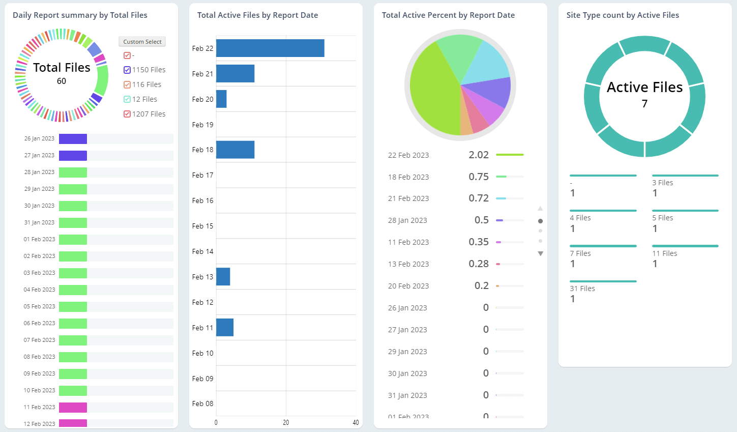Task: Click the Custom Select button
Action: (142, 42)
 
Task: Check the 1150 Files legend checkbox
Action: (127, 70)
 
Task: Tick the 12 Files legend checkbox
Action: (127, 99)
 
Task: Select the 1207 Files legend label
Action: (149, 114)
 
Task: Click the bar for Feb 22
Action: (270, 48)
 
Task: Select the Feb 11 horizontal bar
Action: (225, 328)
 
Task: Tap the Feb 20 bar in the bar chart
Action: (221, 99)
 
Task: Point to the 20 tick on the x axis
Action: (286, 422)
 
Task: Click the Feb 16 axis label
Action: (202, 200)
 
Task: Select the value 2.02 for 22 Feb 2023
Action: (478, 155)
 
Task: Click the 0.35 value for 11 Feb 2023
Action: (478, 242)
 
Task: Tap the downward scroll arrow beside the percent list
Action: (540, 253)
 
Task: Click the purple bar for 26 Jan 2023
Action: (73, 139)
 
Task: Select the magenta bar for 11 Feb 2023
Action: (73, 408)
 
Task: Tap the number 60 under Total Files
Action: (62, 81)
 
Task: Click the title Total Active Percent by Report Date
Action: (448, 15)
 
